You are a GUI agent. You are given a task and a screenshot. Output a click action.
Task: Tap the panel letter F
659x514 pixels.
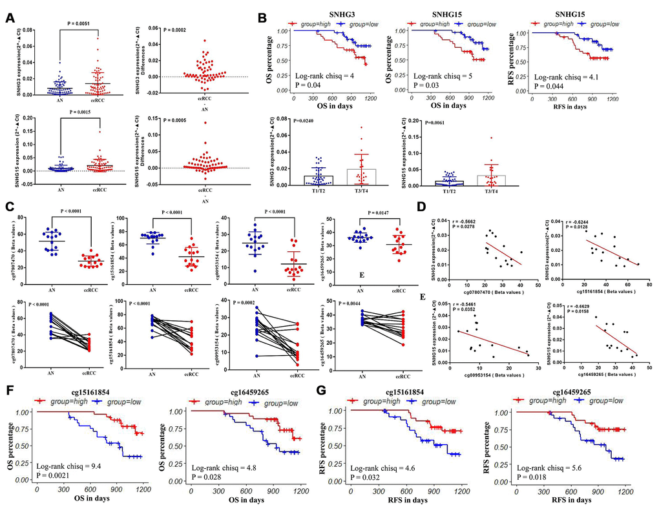click(10, 393)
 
